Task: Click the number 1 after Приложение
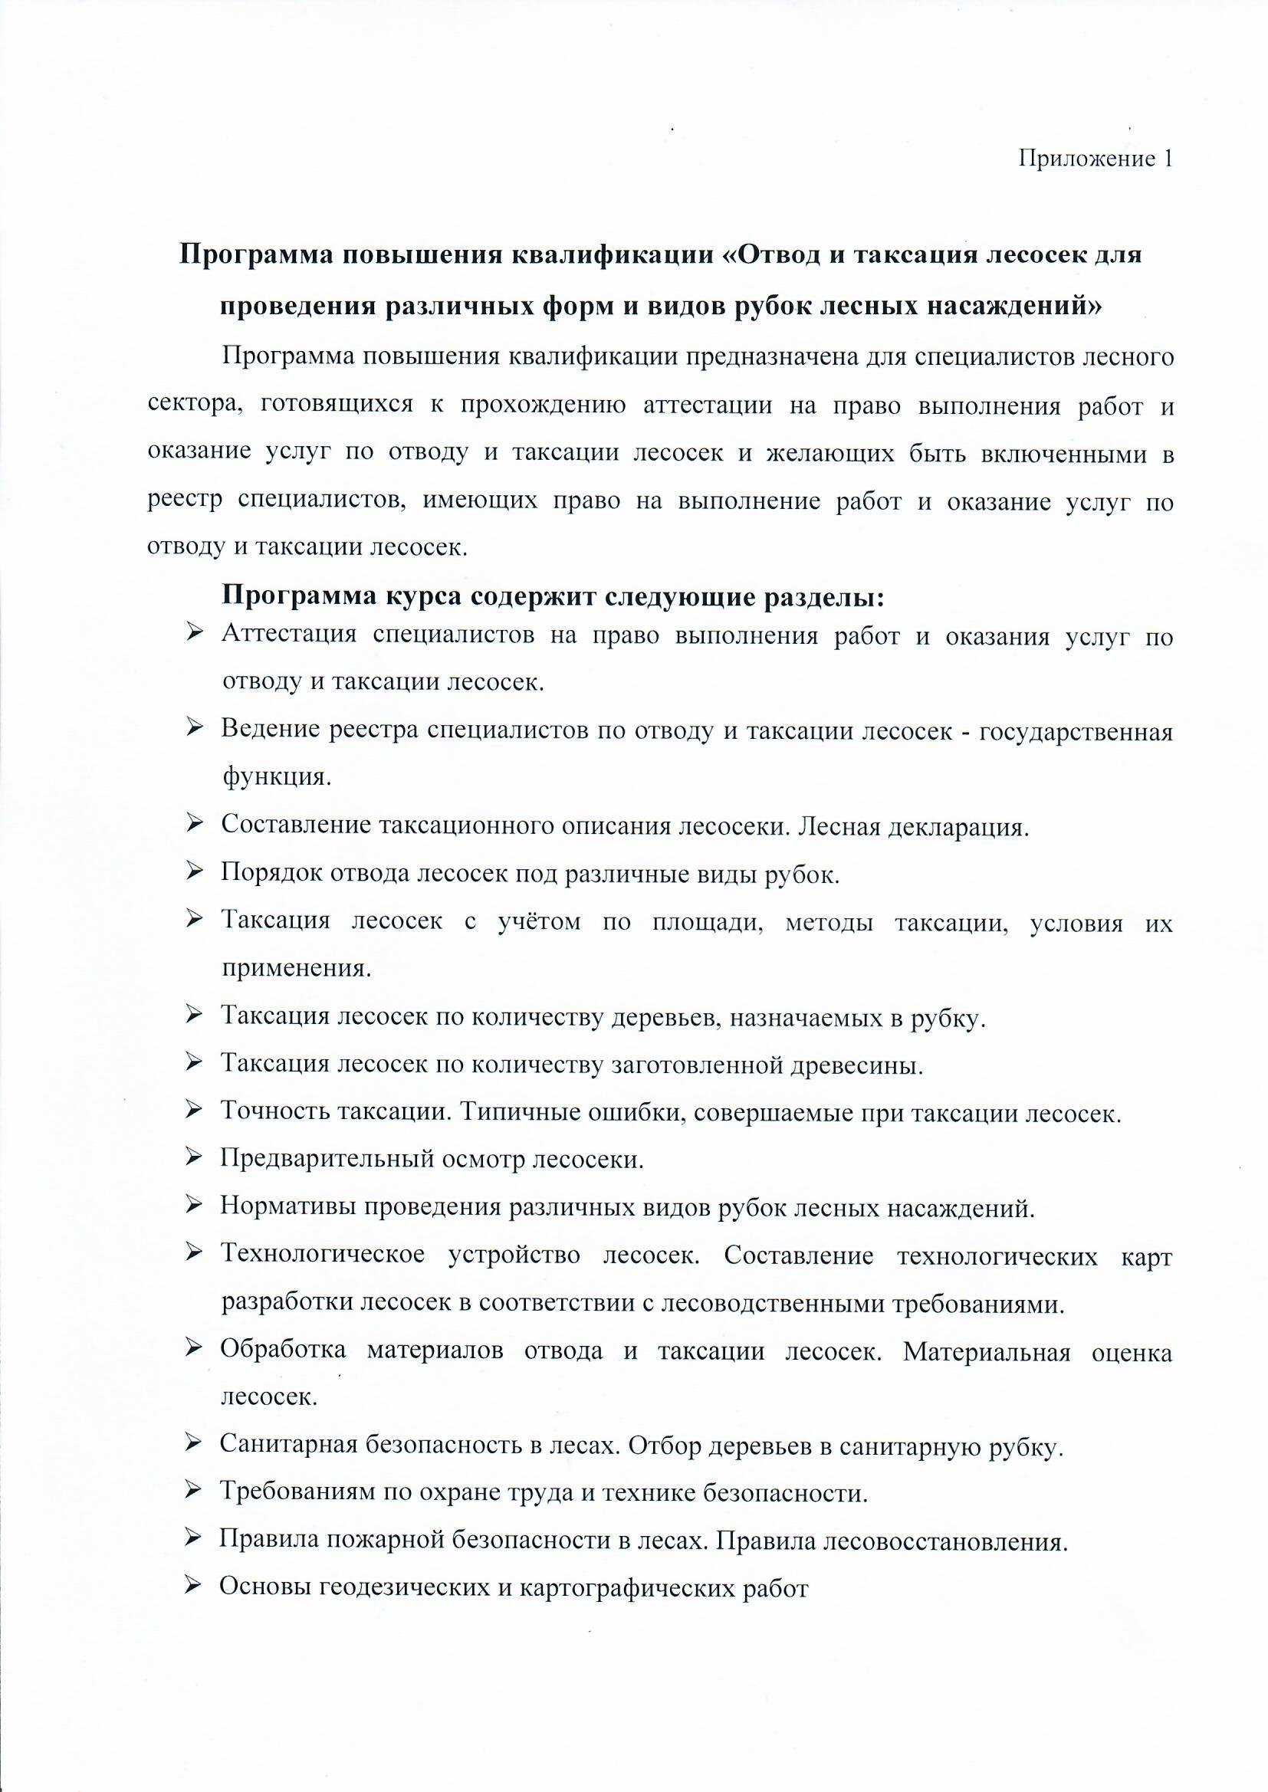click(1168, 159)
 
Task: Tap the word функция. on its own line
click(277, 777)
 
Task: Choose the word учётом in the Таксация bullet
click(539, 923)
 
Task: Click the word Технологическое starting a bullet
click(324, 1255)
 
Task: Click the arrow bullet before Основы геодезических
click(195, 1585)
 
